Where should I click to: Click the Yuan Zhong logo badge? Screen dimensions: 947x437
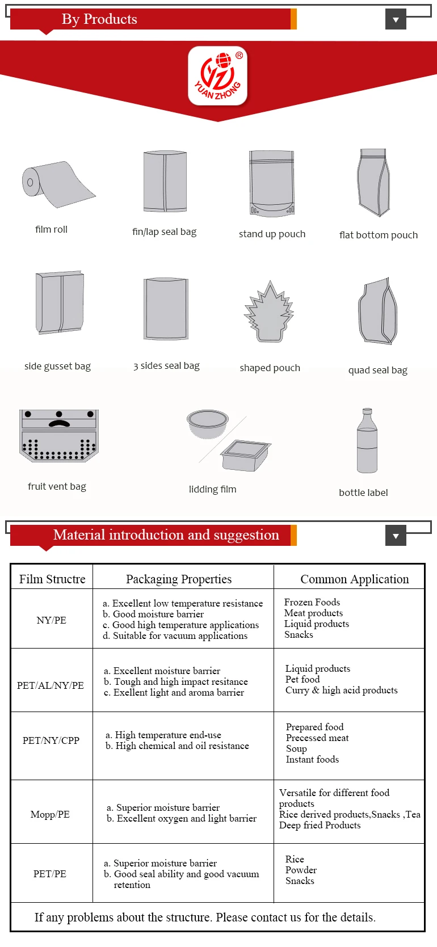point(218,76)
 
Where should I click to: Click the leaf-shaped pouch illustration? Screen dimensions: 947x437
point(269,313)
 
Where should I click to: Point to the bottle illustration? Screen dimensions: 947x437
point(367,441)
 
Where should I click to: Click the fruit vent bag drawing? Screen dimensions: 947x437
point(59,435)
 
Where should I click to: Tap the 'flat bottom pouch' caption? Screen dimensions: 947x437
point(379,235)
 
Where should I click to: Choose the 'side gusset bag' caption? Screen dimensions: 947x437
point(57,366)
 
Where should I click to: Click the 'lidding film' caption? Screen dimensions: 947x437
point(212,489)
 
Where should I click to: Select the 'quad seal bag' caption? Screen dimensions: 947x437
point(378,370)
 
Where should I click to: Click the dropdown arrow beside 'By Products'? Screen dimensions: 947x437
point(396,19)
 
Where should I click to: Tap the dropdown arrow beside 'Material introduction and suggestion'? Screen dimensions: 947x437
point(396,535)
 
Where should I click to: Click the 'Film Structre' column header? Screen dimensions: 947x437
point(52,579)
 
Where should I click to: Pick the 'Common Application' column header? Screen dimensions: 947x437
point(354,579)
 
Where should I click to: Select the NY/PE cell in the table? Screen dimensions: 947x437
point(52,620)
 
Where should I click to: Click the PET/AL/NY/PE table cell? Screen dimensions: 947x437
point(51,685)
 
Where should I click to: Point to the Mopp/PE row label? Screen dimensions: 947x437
point(50,814)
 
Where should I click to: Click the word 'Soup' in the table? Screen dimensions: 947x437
point(296,748)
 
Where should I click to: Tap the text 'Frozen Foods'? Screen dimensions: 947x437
point(312,602)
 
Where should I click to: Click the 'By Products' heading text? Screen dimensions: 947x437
point(99,19)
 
